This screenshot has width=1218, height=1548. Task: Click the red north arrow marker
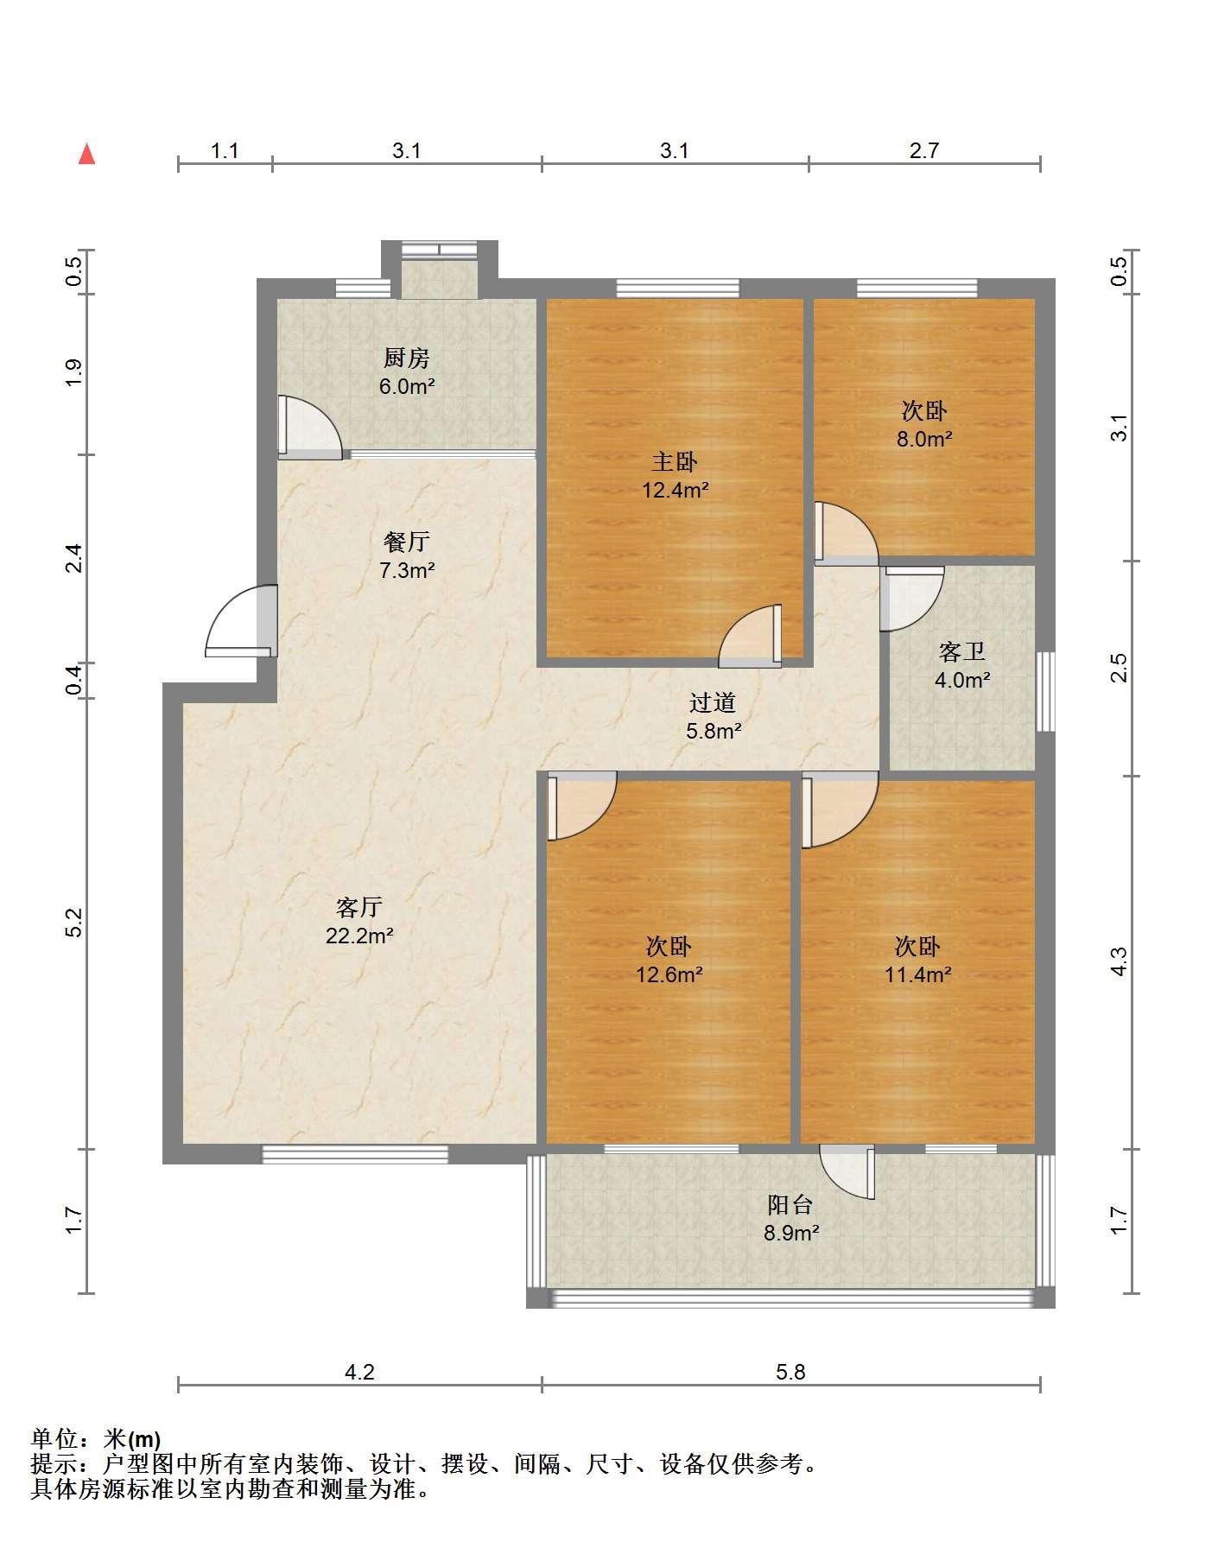click(86, 154)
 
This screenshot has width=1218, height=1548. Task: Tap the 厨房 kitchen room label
click(406, 358)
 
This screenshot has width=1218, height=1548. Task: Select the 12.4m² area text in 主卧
click(676, 491)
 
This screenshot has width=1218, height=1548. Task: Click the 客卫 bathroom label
click(961, 651)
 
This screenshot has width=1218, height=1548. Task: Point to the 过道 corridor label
click(713, 702)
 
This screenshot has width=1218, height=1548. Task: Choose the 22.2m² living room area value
click(359, 936)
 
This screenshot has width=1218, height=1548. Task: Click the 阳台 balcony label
click(790, 1204)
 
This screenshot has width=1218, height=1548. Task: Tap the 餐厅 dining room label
click(406, 542)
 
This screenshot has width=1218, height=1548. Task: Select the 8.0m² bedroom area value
click(924, 439)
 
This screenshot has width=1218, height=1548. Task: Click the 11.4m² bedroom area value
click(917, 975)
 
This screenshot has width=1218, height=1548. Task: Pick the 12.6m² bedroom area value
click(669, 975)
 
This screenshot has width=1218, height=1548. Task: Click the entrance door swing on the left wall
click(242, 621)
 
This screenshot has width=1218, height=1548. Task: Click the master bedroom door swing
click(750, 637)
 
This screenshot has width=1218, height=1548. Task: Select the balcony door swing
click(847, 1172)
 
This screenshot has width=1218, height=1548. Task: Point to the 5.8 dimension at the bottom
click(790, 1371)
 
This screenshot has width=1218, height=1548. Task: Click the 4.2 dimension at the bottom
click(359, 1371)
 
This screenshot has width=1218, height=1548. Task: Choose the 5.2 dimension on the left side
click(74, 923)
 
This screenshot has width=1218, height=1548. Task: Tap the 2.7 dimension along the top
click(923, 150)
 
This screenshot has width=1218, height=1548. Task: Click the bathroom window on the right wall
click(1045, 691)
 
